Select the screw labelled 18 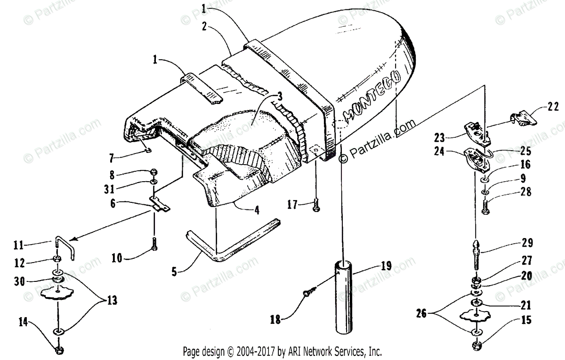tap(307, 293)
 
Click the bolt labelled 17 tap(316, 205)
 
